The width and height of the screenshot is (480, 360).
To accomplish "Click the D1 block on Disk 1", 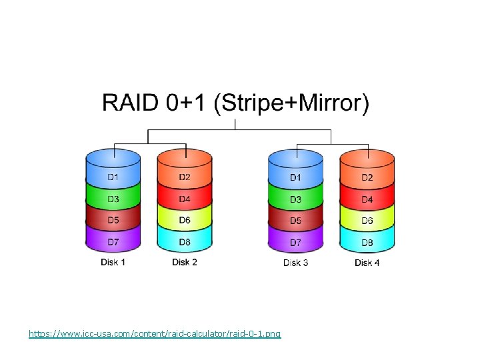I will [x=113, y=177].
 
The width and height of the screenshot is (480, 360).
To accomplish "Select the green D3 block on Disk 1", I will [x=113, y=199].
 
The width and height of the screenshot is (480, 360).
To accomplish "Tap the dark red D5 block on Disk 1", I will [x=113, y=220].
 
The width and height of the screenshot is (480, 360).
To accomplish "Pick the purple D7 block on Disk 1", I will [x=113, y=242].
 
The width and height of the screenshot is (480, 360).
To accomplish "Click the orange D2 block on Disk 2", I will [x=185, y=177].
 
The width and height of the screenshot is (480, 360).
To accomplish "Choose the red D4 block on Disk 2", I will [x=185, y=199].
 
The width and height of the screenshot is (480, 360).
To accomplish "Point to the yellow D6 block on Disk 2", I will [x=185, y=220].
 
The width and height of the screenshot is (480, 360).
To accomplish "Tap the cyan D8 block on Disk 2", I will [x=185, y=242].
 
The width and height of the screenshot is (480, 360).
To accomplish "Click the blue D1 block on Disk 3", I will [x=295, y=177].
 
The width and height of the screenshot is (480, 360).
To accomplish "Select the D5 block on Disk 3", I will [x=295, y=220].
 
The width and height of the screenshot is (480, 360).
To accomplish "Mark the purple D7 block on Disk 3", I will [x=295, y=242].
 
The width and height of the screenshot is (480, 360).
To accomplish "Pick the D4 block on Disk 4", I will [x=367, y=199].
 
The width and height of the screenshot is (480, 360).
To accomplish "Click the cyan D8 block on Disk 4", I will [x=367, y=242].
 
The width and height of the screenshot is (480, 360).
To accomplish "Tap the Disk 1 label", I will [x=113, y=262].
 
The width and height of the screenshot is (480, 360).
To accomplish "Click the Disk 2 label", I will [x=185, y=262].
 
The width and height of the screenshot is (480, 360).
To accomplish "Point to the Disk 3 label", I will [x=295, y=263].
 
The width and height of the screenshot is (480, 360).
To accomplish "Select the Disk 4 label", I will [x=367, y=263].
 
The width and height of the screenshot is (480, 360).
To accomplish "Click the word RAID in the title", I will [x=130, y=105].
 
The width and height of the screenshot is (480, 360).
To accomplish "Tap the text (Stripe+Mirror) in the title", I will [x=291, y=105].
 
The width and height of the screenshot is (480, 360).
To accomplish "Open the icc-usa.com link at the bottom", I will [x=155, y=333].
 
